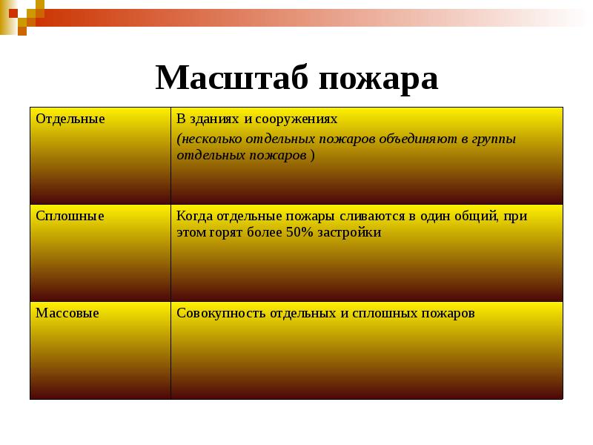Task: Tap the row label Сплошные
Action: (70, 216)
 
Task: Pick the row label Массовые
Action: (67, 313)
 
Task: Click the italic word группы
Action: (493, 139)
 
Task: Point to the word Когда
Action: (194, 216)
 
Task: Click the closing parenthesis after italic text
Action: (312, 156)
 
